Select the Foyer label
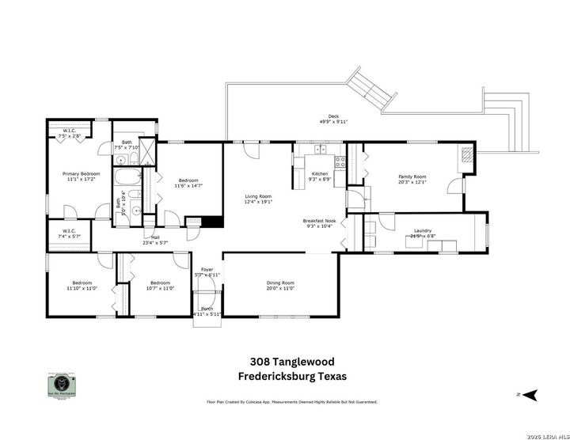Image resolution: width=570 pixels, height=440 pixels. pyautogui.click(x=207, y=272)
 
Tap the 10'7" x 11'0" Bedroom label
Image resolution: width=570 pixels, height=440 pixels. pyautogui.click(x=160, y=285)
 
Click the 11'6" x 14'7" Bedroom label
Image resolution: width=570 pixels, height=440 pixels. pyautogui.click(x=189, y=182)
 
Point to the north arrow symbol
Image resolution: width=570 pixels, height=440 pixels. pyautogui.click(x=531, y=393)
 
